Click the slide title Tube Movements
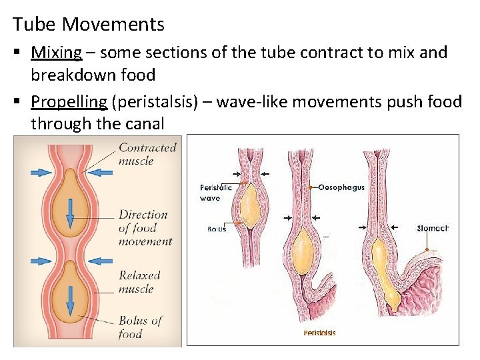(x=89, y=25)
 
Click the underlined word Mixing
(x=56, y=52)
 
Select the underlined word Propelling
(x=69, y=101)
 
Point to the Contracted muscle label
(x=147, y=154)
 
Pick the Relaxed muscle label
(x=139, y=281)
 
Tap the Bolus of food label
(x=140, y=327)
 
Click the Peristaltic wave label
(x=216, y=192)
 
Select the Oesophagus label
(x=341, y=187)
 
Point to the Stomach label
(x=432, y=228)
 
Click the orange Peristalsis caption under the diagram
(x=319, y=333)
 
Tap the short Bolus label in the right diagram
(x=216, y=229)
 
